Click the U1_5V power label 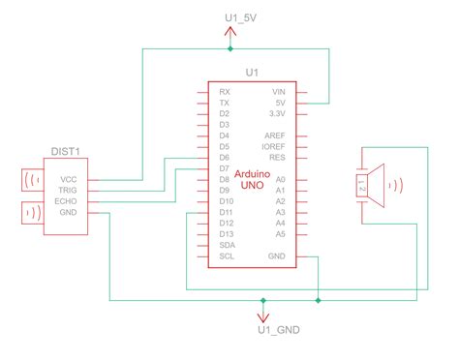pos(229,16)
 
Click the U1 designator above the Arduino pos(251,73)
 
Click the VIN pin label pos(279,91)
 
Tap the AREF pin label pos(276,135)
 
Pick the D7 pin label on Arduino pos(224,168)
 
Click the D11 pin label pos(226,212)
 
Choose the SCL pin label pos(226,256)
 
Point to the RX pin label pos(224,91)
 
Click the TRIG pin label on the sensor pos(68,191)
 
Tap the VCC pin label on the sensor pos(69,179)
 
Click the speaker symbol pos(372,183)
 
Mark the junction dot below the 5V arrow pos(229,48)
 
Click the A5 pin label pos(281,234)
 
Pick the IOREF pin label pos(274,146)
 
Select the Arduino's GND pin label pos(278,256)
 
